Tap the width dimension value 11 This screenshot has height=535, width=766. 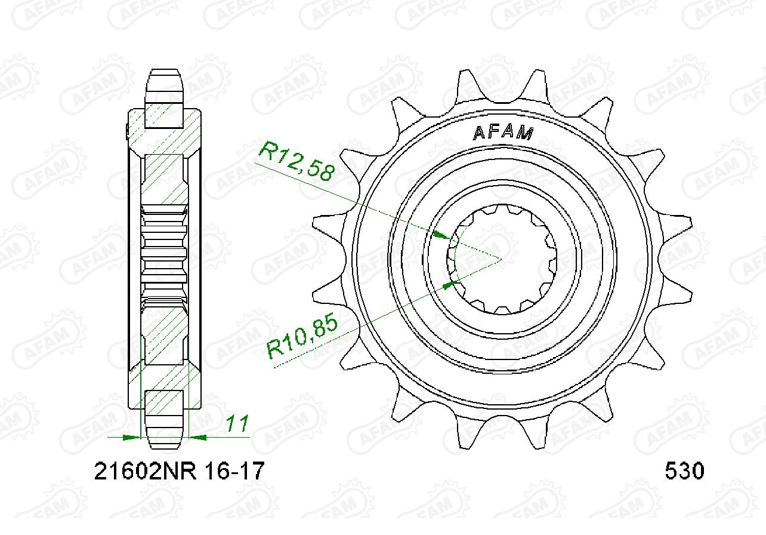[x=237, y=424]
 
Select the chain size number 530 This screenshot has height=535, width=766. [x=684, y=472]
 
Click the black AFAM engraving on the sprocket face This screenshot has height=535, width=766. [x=503, y=133]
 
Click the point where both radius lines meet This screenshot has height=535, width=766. [x=500, y=259]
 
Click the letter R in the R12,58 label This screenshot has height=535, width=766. [x=266, y=151]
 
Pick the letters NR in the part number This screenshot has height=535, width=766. [x=183, y=472]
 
